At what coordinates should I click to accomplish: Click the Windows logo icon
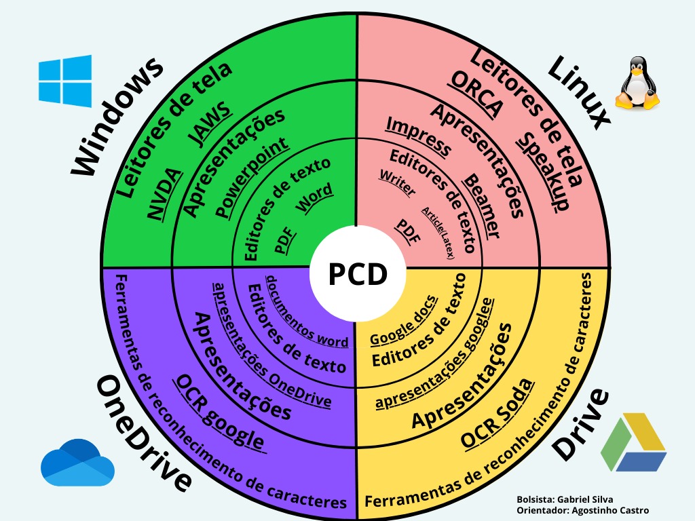coord(65,81)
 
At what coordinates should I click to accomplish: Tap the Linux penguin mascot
coord(637,84)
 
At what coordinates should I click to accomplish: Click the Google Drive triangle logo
coord(633,444)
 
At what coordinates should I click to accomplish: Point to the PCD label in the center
coord(358,275)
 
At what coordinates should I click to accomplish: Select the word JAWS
coord(210,126)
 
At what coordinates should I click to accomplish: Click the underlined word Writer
coord(398,182)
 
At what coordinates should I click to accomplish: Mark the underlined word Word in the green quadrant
coord(314,198)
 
